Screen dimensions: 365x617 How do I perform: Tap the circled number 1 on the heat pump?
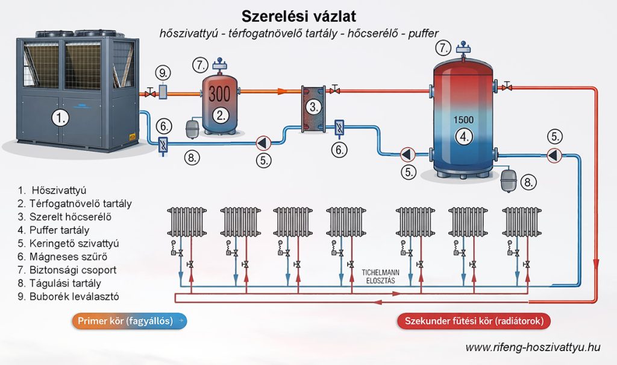[59, 118]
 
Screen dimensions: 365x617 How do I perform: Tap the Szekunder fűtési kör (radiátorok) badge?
[474, 321]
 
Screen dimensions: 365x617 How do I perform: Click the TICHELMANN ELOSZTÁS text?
[378, 275]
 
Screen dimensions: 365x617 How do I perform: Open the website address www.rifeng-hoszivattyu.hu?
[533, 347]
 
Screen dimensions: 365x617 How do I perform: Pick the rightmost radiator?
[522, 222]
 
